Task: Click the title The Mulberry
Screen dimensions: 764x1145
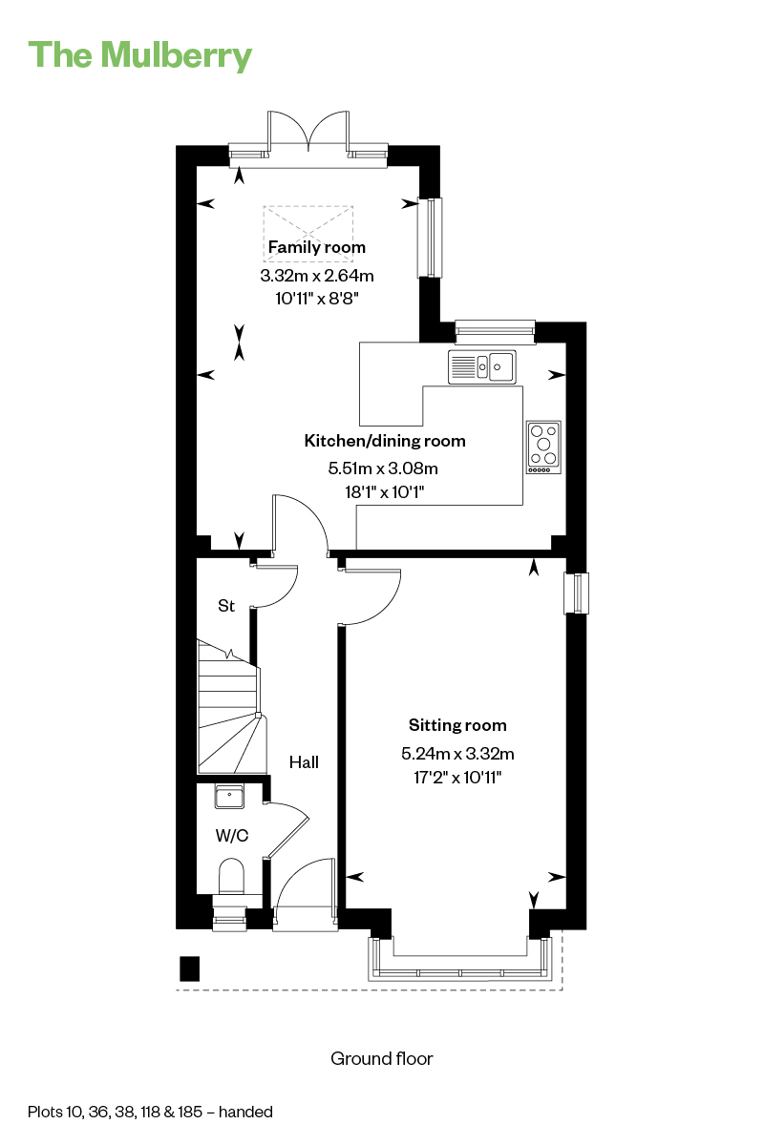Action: pos(139,55)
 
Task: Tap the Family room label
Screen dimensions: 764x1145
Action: pos(317,247)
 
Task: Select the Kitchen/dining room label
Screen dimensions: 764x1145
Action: pos(385,441)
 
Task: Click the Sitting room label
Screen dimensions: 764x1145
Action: pos(457,725)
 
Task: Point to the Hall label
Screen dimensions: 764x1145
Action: pos(304,762)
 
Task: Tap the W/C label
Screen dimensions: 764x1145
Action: pos(232,835)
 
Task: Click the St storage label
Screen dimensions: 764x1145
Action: pos(226,606)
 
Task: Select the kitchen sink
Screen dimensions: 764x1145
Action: pos(481,366)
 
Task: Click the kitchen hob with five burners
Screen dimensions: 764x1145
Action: pos(543,447)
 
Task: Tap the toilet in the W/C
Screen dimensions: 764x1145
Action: pos(231,877)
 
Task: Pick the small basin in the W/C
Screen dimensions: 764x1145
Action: pos(229,797)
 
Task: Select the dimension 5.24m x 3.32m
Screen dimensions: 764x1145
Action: pos(457,754)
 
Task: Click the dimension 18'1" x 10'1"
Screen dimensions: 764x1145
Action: pos(385,492)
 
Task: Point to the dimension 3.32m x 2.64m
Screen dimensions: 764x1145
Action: pos(317,276)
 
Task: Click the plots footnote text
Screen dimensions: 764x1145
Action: pos(150,1112)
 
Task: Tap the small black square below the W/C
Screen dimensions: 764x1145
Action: pos(189,968)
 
